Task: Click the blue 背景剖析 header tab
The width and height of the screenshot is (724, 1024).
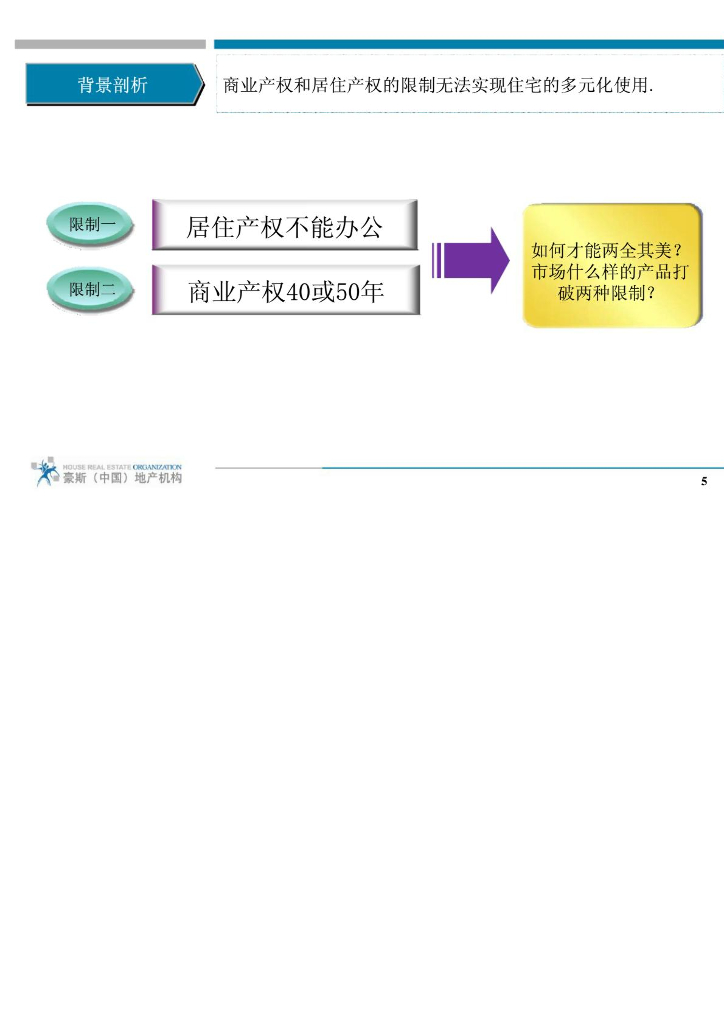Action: (x=112, y=85)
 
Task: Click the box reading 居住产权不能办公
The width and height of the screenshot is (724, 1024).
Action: (x=285, y=227)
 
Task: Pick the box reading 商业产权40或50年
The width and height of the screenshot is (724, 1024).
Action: (x=285, y=292)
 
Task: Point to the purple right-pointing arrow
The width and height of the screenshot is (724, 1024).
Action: (x=470, y=260)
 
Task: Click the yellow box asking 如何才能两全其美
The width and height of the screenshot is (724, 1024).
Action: (x=612, y=265)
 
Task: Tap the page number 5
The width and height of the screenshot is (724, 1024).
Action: (x=704, y=482)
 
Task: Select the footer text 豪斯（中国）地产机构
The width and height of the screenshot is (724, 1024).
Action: (x=122, y=479)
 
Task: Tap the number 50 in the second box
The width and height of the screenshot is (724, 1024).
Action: (x=348, y=293)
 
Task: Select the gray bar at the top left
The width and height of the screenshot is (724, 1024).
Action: (x=110, y=44)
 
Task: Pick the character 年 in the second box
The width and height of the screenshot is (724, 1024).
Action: (x=373, y=293)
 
